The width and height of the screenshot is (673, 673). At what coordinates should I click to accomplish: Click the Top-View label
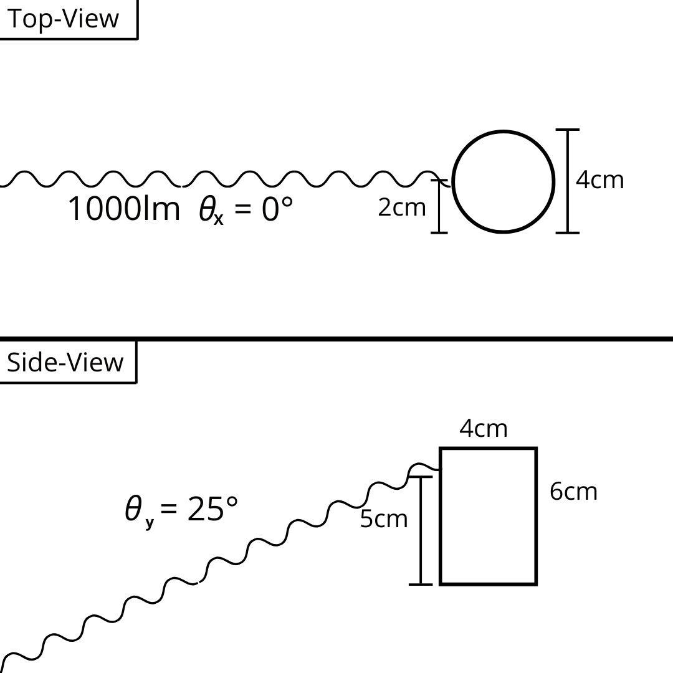tap(62, 19)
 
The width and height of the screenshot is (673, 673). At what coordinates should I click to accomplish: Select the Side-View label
tap(65, 363)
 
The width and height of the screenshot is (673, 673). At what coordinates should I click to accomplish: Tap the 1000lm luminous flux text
tap(123, 209)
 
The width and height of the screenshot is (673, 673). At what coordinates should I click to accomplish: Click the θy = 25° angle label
tap(181, 510)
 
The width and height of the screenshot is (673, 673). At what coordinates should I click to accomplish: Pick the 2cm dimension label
tap(402, 208)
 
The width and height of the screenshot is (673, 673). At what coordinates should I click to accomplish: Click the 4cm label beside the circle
tap(599, 179)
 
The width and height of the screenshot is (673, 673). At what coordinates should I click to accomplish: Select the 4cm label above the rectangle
tap(484, 429)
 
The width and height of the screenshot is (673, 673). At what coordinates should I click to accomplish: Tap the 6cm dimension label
tap(573, 492)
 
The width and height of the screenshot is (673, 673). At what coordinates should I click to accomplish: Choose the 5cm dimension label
tap(384, 519)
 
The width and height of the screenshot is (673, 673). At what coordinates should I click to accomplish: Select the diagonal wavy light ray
tap(206, 571)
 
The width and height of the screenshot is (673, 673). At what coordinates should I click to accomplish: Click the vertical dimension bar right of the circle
tap(567, 181)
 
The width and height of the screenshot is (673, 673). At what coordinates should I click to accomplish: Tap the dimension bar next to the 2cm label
tap(439, 206)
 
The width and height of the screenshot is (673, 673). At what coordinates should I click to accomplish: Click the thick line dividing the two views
tap(336, 339)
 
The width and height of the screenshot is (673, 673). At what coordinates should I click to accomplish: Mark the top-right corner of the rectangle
tap(536, 449)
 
